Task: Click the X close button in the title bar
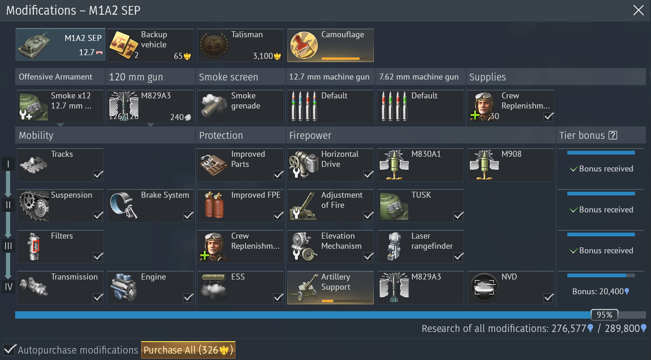click(x=638, y=11)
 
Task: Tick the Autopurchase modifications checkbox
click(x=9, y=349)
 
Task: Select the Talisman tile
click(x=240, y=45)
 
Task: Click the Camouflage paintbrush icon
click(x=304, y=46)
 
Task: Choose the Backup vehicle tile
click(x=150, y=45)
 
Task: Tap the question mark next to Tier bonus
click(x=613, y=135)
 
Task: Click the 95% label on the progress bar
click(x=605, y=314)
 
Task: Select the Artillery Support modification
click(x=331, y=288)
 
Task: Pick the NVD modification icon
click(x=484, y=288)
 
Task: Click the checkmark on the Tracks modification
click(x=98, y=175)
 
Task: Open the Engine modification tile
click(x=150, y=288)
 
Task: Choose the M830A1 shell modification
click(x=421, y=165)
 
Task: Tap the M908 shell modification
click(x=511, y=165)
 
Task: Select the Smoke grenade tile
click(x=240, y=107)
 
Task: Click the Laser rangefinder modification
click(x=421, y=247)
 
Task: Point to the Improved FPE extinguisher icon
click(x=214, y=205)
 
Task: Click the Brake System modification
click(x=150, y=206)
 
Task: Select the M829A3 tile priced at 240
click(x=150, y=107)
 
